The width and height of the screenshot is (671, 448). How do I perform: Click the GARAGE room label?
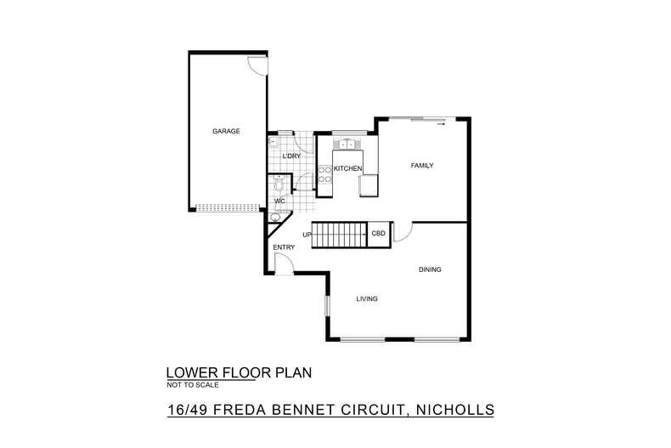226,131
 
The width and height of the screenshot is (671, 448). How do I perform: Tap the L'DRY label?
291,156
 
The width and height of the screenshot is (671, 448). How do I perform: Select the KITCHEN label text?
347,169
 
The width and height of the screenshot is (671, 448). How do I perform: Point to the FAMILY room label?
422,165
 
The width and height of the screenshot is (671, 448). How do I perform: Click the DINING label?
430,269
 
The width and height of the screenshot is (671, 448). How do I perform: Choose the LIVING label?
367,298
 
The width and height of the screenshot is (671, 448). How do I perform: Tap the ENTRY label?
284,247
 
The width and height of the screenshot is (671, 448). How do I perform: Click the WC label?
279,201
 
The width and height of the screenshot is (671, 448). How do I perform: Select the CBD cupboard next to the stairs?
380,235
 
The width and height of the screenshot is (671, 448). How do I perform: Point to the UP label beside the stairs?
307,235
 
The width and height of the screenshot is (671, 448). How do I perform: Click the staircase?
340,235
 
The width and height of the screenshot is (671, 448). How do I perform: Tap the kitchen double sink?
347,144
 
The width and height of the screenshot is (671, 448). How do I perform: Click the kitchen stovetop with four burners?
324,175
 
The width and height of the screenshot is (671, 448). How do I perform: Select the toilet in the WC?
279,184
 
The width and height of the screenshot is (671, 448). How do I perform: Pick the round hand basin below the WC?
274,217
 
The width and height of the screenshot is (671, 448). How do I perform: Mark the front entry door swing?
284,262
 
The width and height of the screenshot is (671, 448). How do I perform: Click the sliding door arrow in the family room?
441,124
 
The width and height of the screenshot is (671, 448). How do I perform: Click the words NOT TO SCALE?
193,385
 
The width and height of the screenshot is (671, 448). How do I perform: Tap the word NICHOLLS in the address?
455,410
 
